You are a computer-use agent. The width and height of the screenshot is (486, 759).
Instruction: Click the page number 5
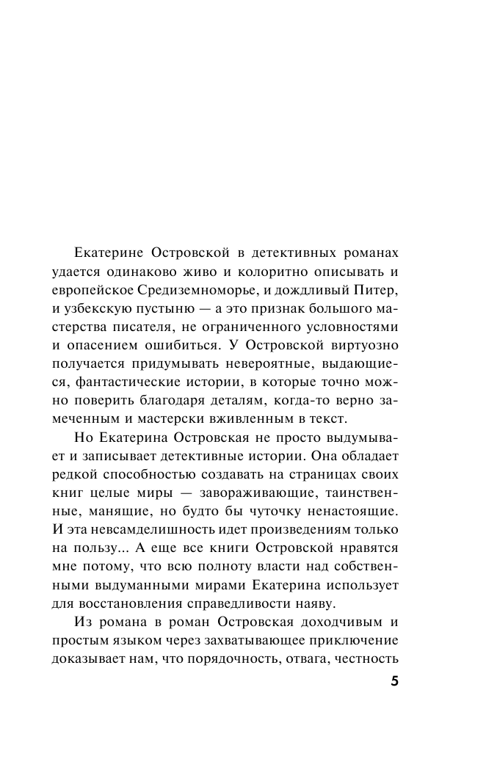(x=394, y=680)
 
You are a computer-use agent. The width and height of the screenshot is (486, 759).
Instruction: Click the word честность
(x=364, y=656)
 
